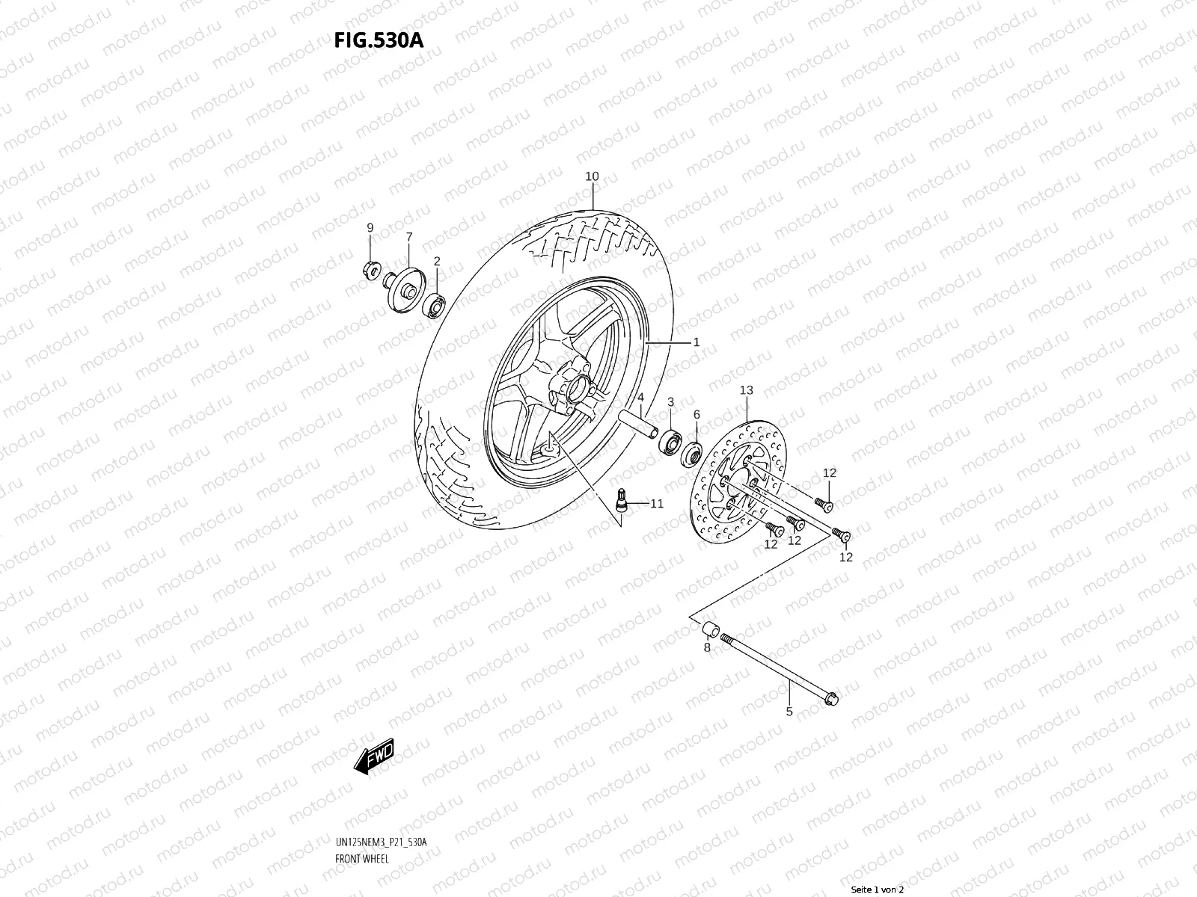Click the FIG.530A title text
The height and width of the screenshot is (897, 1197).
(x=379, y=40)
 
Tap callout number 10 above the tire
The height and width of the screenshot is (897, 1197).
(x=592, y=177)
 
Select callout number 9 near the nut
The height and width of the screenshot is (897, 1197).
(x=370, y=227)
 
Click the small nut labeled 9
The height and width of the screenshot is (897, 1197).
(x=370, y=269)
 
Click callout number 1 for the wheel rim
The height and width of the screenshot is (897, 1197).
(x=696, y=342)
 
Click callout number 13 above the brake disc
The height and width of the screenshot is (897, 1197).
(x=746, y=390)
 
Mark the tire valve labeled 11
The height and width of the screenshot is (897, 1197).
(x=619, y=500)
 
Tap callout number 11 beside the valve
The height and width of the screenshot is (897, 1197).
(x=656, y=505)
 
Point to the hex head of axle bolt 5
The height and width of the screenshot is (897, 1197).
(x=833, y=700)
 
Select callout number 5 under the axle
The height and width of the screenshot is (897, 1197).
(x=789, y=712)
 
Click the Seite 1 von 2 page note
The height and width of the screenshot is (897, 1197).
(x=878, y=890)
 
